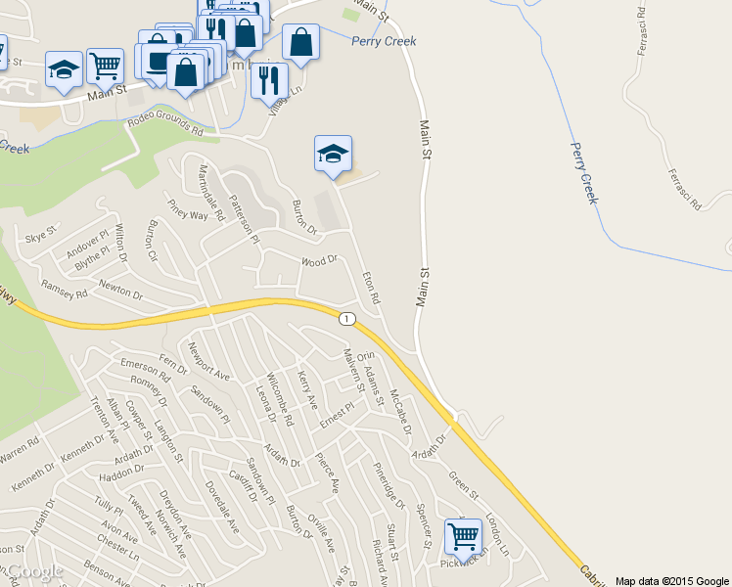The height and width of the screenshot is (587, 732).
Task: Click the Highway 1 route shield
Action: tap(345, 319)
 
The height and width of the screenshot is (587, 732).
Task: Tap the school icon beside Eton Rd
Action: tap(333, 154)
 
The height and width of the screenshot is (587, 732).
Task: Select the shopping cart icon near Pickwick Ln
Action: tap(462, 536)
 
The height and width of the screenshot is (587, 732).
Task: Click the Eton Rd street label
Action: tap(371, 285)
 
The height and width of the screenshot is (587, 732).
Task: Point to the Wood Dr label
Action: tap(319, 261)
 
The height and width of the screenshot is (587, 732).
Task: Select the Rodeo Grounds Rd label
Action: tap(165, 128)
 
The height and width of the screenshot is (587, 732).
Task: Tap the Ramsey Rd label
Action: tap(65, 285)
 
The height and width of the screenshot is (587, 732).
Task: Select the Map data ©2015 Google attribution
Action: tap(671, 580)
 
